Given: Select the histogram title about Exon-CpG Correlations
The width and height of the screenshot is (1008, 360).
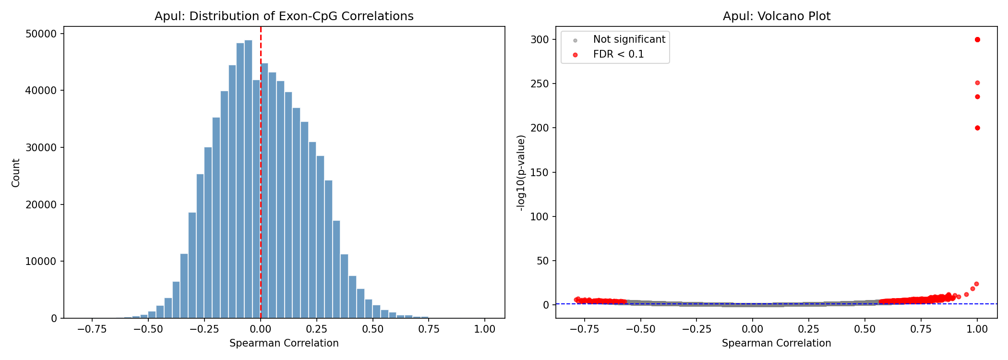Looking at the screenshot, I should [284, 16].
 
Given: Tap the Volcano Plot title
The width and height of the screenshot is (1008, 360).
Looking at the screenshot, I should [776, 16].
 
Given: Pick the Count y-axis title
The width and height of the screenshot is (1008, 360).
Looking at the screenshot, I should [16, 173].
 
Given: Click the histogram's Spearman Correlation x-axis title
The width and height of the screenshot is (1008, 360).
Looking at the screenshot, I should [284, 343].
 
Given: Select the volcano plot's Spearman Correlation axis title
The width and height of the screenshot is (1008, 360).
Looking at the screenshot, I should [776, 343].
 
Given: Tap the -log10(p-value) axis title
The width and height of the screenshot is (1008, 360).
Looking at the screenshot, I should [521, 173].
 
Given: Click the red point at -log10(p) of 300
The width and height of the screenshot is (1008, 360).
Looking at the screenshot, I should [977, 39].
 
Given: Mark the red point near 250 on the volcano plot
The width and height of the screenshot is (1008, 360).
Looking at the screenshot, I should [977, 83].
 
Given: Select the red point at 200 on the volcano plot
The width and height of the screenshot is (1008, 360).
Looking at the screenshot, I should [977, 128].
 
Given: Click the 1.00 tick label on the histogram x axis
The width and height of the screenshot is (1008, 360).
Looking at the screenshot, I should [485, 329].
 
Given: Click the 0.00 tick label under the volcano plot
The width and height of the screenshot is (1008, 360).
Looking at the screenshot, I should [753, 329].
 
